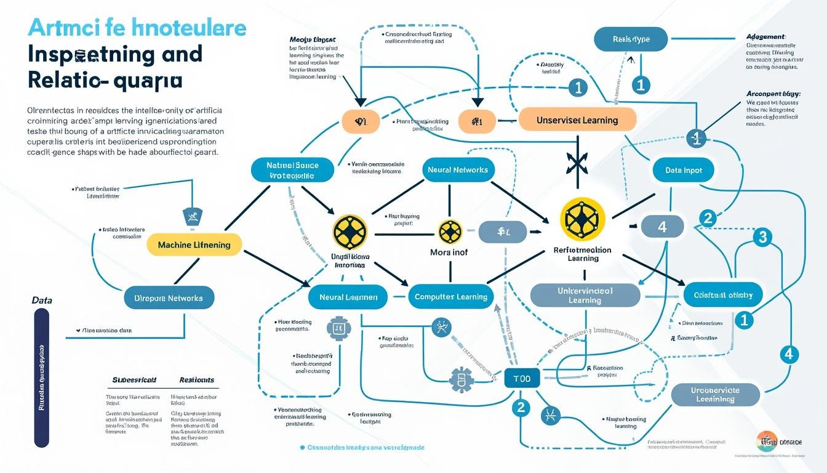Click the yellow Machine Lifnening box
(x=194, y=245)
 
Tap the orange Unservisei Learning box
(x=577, y=119)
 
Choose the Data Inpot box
(x=684, y=170)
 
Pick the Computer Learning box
(x=451, y=297)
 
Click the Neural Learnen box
(x=348, y=297)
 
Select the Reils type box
(x=631, y=39)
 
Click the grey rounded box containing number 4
(x=662, y=227)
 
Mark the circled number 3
(x=762, y=236)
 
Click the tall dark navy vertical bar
(x=42, y=377)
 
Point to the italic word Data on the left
(x=42, y=301)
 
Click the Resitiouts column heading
(x=196, y=380)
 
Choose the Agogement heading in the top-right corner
(x=765, y=36)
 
